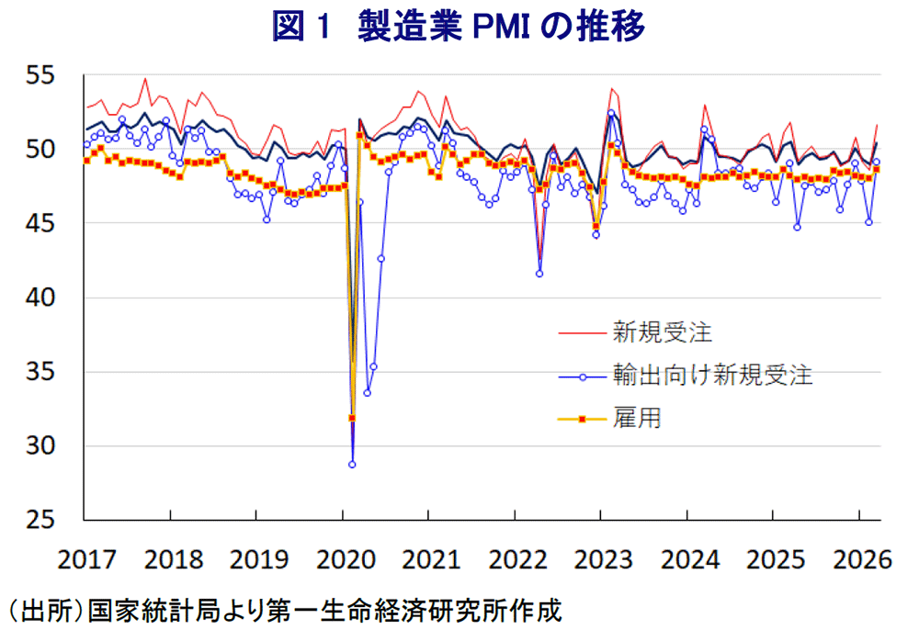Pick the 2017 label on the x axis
85,559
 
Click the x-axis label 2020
343,559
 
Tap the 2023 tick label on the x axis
601,559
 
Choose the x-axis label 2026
858,559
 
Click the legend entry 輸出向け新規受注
713,375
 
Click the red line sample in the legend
583,332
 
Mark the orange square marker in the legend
583,420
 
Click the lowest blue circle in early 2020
352,465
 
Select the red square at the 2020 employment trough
352,418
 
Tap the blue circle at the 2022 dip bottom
539,274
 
